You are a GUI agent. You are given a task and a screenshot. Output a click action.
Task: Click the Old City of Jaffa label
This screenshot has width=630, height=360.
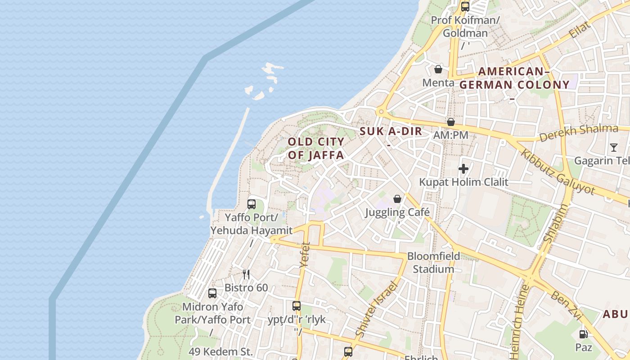click(316, 148)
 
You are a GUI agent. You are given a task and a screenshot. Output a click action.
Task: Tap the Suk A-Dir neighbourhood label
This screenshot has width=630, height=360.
click(391, 131)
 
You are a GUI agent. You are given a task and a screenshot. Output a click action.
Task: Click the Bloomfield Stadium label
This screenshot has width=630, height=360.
click(433, 263)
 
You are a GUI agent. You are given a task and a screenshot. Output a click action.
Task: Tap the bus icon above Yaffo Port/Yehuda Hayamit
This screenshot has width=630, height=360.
click(252, 204)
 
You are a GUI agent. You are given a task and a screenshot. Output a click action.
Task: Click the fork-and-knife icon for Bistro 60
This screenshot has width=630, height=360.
click(246, 274)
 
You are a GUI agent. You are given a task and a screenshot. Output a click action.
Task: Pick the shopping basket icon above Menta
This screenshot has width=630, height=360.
click(438, 69)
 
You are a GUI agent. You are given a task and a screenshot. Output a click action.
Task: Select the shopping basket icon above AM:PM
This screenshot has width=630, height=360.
click(450, 122)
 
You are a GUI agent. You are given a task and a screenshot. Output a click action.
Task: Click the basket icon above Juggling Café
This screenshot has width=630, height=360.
click(397, 199)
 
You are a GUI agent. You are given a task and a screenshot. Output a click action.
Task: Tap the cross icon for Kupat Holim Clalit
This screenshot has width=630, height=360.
click(463, 169)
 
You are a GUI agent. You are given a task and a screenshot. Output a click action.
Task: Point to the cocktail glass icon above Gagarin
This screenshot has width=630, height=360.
click(614, 147)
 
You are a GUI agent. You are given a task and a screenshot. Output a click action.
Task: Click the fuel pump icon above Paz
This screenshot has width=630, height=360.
click(583, 334)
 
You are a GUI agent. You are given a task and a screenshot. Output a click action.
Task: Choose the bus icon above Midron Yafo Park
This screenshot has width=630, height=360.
click(212, 293)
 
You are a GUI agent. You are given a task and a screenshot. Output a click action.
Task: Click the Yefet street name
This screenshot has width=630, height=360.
click(305, 255)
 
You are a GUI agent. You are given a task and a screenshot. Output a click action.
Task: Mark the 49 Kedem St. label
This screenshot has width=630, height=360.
click(220, 351)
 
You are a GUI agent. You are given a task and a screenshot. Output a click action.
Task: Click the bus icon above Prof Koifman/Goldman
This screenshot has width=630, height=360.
click(465, 7)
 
